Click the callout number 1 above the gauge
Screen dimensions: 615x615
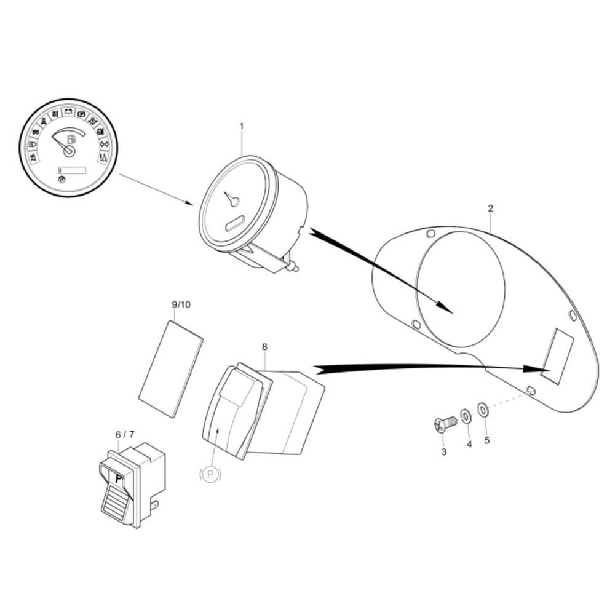242,126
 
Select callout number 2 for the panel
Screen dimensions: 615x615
491,208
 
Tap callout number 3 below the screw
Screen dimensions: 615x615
444,452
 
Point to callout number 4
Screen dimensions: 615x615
469,444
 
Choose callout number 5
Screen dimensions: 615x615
487,440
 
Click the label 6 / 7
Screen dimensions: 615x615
125,435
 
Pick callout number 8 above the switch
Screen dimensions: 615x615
264,347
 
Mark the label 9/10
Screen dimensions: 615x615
181,304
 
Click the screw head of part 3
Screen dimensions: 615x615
440,425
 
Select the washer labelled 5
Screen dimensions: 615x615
483,410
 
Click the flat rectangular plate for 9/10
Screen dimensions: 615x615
171,369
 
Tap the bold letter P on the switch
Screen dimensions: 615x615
119,479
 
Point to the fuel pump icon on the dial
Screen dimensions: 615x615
72,139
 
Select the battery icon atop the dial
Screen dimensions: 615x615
69,111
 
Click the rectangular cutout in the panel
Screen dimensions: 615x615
557,355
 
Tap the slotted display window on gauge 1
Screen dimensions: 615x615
236,223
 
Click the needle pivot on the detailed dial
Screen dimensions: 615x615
69,151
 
